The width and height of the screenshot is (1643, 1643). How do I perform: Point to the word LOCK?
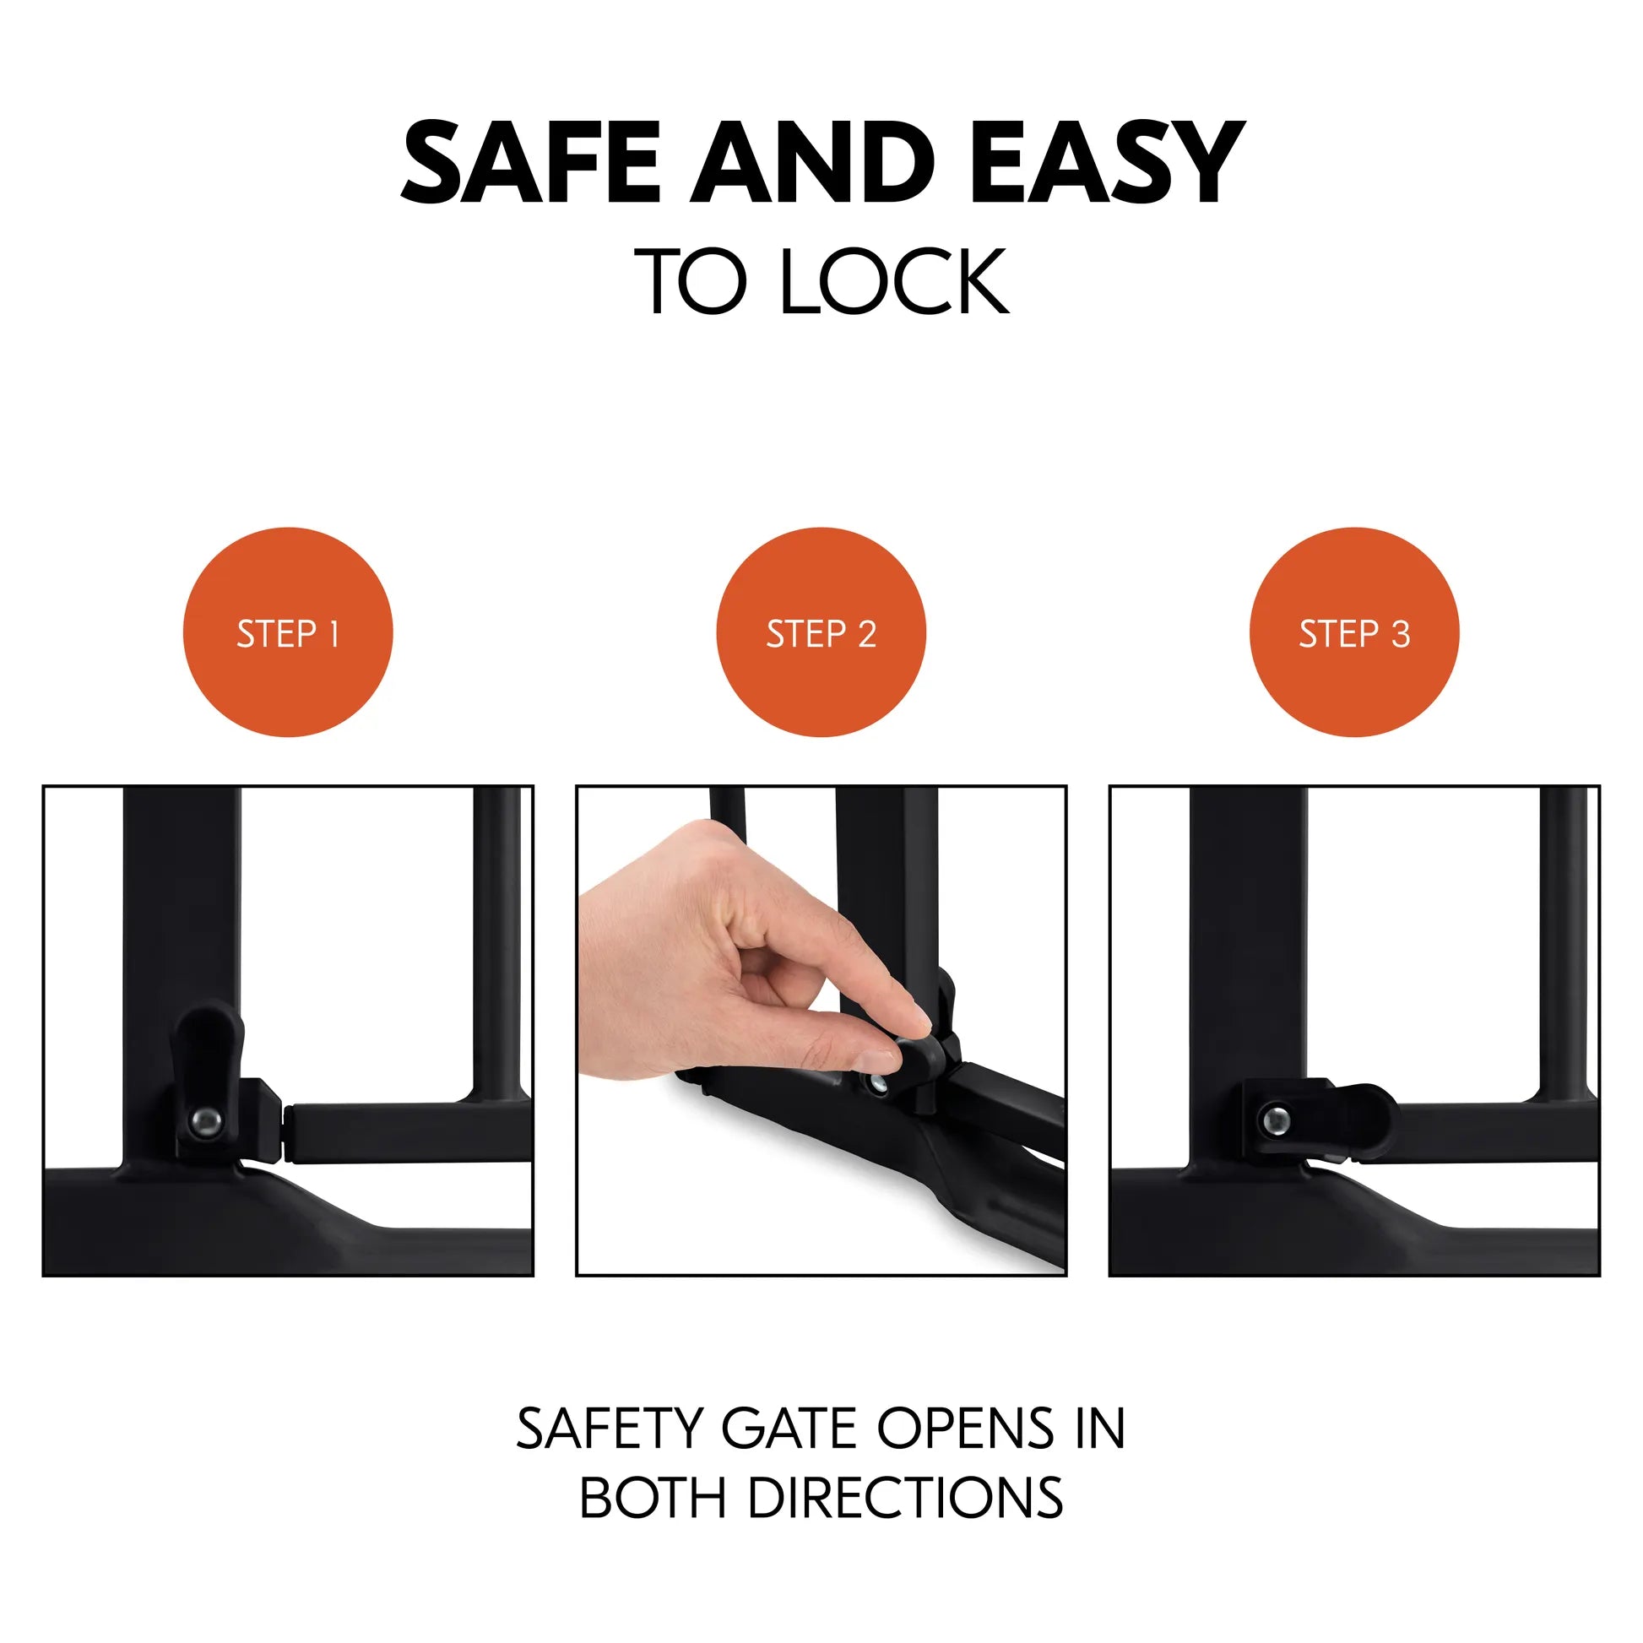[x=894, y=281]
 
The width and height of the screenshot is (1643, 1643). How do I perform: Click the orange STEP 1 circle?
[x=288, y=632]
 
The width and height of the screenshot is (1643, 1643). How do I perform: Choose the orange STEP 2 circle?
[x=821, y=632]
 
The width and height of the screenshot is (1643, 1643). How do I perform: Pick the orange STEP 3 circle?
[x=1354, y=632]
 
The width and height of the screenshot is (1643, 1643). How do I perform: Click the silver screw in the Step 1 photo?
[x=205, y=1122]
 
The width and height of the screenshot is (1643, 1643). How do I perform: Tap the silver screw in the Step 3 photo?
[x=1273, y=1121]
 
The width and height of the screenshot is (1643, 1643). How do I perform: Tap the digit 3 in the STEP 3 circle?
[x=1400, y=634]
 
